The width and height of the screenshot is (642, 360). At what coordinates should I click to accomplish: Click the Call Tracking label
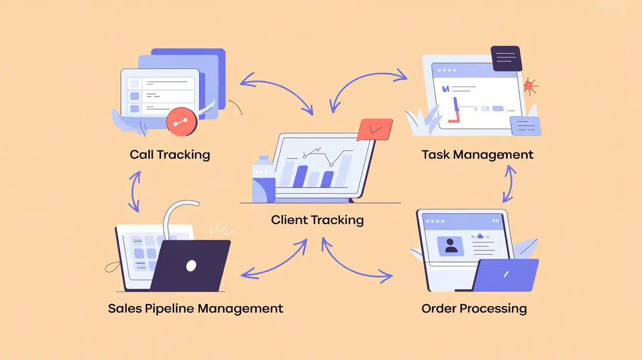coord(170,155)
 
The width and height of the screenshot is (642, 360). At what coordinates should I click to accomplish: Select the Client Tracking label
coord(317,220)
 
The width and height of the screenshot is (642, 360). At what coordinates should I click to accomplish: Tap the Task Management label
coord(477,155)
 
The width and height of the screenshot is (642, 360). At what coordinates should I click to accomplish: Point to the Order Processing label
coord(474,309)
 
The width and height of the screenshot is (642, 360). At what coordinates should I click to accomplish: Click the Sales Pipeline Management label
coord(195,309)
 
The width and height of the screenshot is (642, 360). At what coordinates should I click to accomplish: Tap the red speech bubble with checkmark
coord(375,129)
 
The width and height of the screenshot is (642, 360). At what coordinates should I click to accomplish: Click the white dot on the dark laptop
coord(191,266)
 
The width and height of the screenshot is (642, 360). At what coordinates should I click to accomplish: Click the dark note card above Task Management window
coord(506,58)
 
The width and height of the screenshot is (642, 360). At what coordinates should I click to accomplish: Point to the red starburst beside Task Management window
coord(529,87)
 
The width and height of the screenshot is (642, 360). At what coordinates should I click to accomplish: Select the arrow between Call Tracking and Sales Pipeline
coord(134,191)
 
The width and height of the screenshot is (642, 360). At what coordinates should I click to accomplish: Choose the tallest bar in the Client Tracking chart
coord(344,171)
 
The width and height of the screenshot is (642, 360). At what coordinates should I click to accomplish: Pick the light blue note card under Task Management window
coord(525,126)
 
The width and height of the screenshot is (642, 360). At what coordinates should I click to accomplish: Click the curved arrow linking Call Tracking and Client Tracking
coord(277,90)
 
